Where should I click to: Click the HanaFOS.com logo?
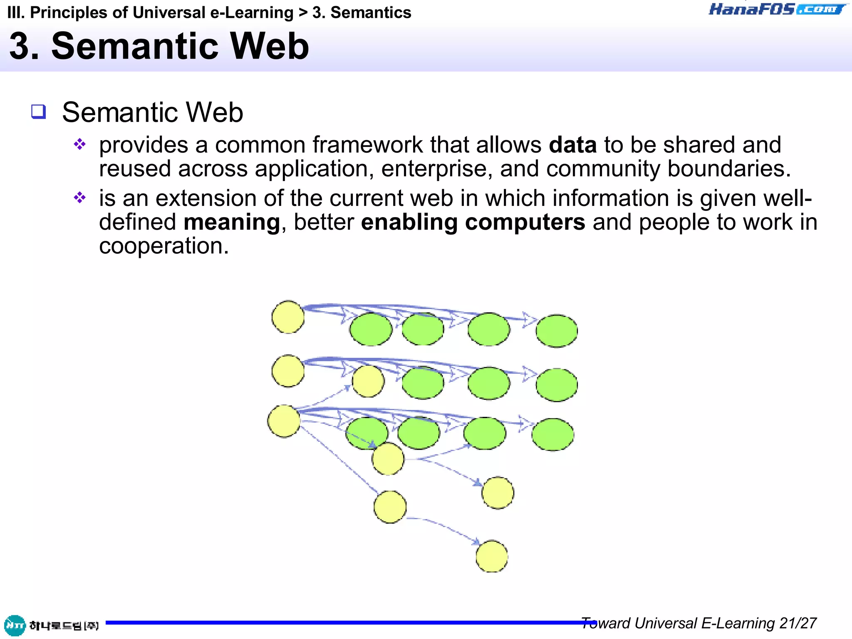coord(777,9)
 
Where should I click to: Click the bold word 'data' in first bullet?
coord(572,145)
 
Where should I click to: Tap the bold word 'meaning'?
coord(232,222)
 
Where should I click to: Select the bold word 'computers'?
coord(525,222)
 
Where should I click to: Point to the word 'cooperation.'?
coord(164,246)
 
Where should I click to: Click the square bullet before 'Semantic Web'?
coord(39,111)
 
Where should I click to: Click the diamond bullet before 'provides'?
coord(79,144)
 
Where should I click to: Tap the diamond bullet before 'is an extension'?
coord(79,197)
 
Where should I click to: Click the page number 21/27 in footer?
coord(798,623)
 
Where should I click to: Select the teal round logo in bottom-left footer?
coord(15,625)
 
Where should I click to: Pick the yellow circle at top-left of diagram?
coord(288,317)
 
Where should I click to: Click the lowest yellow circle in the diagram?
coord(492,556)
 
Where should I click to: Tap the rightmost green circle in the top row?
coord(556,331)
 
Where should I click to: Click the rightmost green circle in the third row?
coord(552,434)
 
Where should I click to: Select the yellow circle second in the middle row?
coord(368,381)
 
